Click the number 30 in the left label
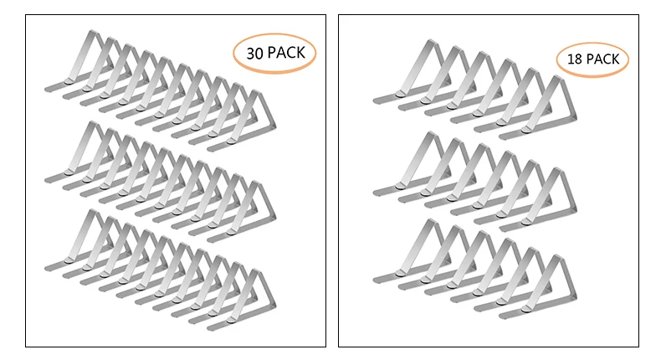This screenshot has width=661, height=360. tap(254, 53)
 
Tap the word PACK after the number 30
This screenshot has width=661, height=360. tap(286, 53)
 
